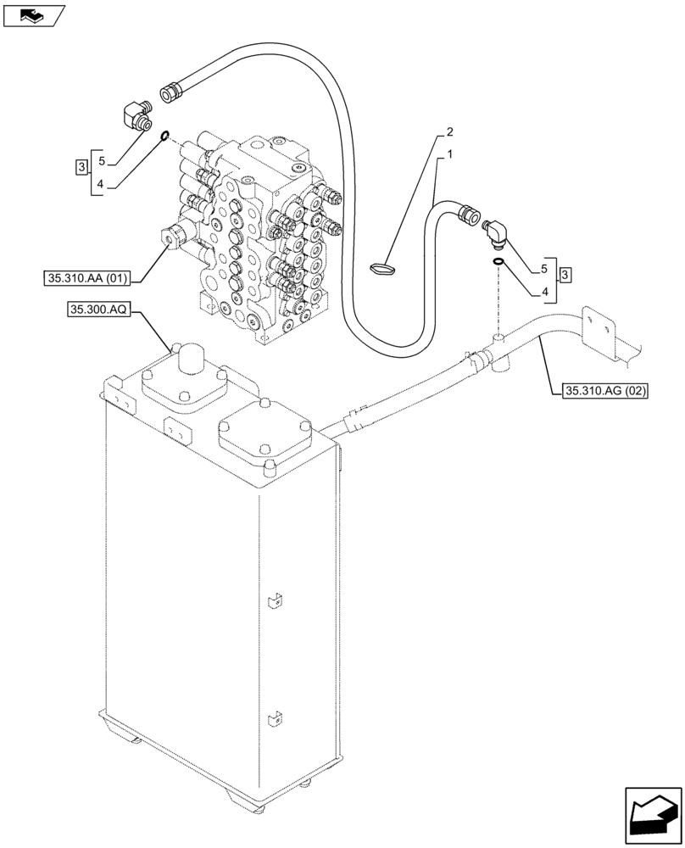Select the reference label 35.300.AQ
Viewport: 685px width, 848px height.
(x=95, y=311)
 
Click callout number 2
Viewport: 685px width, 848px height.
(x=450, y=132)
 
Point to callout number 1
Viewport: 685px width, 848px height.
(x=450, y=155)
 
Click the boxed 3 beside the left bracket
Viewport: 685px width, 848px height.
(x=81, y=166)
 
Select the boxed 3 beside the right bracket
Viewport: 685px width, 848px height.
(x=565, y=274)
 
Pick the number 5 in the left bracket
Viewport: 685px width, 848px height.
(x=101, y=160)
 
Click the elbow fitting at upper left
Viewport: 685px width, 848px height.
(x=134, y=114)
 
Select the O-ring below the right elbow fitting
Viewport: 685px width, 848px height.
(x=499, y=261)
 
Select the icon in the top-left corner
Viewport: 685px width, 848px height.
(x=33, y=14)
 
